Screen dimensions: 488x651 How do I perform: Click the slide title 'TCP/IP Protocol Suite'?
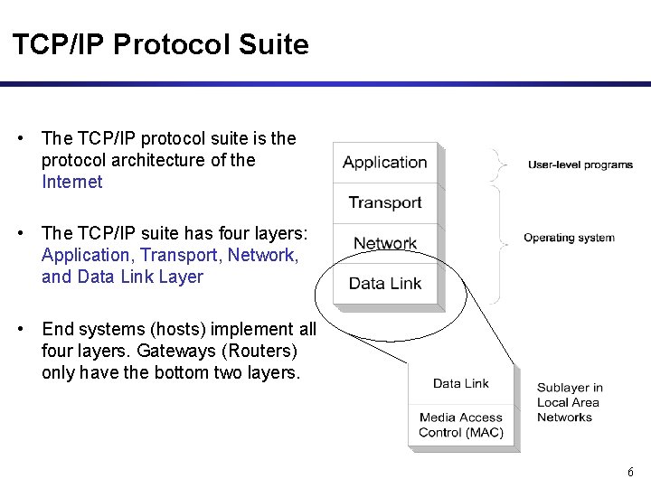(x=160, y=44)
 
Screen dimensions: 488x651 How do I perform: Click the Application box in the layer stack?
(x=385, y=163)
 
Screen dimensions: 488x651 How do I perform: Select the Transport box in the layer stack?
(x=385, y=202)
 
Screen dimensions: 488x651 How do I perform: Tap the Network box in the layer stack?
(x=385, y=243)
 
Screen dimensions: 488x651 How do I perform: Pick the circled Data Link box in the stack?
(x=385, y=283)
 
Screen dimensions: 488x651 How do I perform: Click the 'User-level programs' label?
(x=580, y=164)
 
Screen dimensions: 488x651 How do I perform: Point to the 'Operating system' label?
(x=569, y=238)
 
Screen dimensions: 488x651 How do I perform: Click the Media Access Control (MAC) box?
(x=461, y=425)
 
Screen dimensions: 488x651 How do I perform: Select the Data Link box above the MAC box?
(x=461, y=383)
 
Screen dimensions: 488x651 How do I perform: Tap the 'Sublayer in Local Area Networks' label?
(x=570, y=402)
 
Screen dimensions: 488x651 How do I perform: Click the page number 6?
(x=630, y=473)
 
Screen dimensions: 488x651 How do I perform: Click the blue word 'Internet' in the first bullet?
(x=72, y=182)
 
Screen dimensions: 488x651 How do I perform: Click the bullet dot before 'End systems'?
(x=20, y=329)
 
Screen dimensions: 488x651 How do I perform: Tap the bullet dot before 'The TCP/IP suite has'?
(x=20, y=233)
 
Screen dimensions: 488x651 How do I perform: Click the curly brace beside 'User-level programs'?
(x=496, y=164)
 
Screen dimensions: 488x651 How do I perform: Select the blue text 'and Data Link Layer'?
(x=122, y=277)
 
